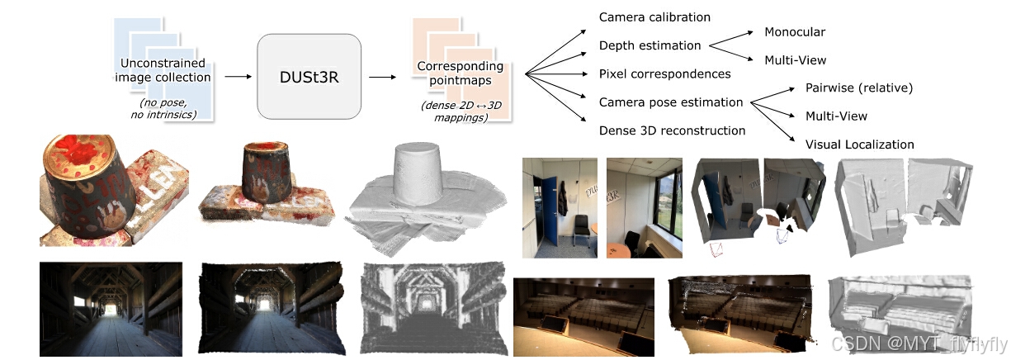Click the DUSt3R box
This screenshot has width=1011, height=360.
[x=309, y=76]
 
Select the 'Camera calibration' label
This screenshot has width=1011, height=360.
[x=654, y=17]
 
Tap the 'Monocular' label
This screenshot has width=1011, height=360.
[x=795, y=32]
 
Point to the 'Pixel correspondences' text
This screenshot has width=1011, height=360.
[x=664, y=73]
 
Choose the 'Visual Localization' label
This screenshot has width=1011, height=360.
[x=859, y=144]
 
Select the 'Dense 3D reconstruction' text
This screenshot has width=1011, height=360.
[x=672, y=130]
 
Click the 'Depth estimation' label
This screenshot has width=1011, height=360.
[x=650, y=45]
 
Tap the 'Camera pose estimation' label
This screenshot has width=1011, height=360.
[x=670, y=102]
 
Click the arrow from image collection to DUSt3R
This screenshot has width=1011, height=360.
[x=238, y=77]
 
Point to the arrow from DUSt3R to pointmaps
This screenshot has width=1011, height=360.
[x=381, y=77]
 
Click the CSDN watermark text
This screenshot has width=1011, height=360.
[x=918, y=343]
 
